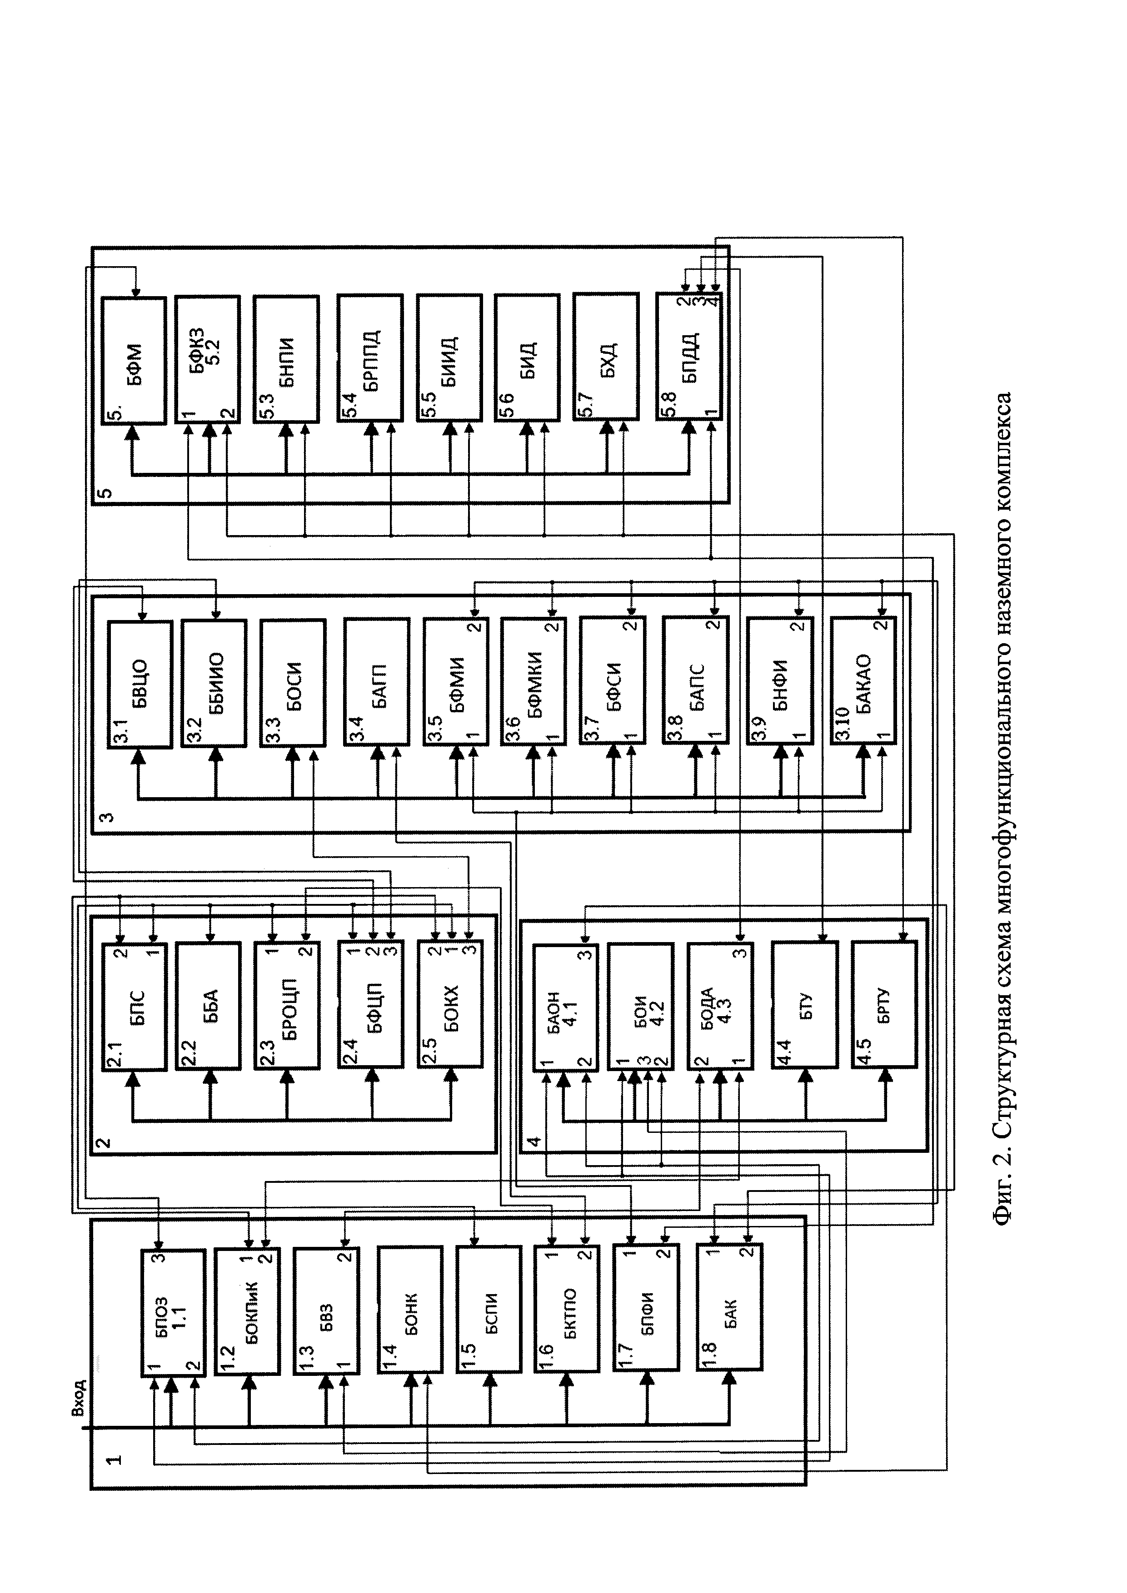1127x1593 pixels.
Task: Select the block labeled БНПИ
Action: click(x=286, y=359)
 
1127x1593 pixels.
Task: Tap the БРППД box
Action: click(x=370, y=359)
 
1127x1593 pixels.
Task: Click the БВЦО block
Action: click(x=140, y=684)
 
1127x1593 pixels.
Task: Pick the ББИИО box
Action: click(x=214, y=684)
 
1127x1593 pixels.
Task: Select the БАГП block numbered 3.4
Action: click(x=376, y=684)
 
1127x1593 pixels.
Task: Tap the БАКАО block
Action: click(x=863, y=684)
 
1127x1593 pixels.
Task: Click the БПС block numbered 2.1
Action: click(x=134, y=1006)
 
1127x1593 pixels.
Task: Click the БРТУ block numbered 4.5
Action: click(x=884, y=1006)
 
